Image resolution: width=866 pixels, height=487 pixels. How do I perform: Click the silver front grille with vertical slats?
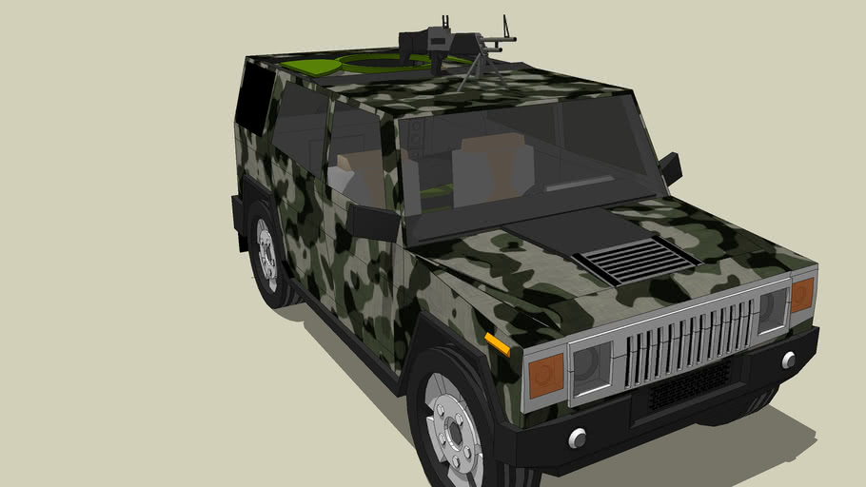pyautogui.click(x=689, y=339)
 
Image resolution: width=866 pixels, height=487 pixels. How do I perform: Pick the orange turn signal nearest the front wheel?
pyautogui.click(x=546, y=374)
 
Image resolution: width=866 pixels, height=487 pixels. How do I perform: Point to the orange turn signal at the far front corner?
pyautogui.click(x=802, y=294)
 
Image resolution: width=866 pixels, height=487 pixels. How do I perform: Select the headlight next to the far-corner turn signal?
pyautogui.click(x=772, y=308)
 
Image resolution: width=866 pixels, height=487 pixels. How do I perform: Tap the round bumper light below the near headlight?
pyautogui.click(x=577, y=438)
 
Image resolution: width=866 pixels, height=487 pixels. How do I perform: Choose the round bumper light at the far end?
pyautogui.click(x=789, y=360)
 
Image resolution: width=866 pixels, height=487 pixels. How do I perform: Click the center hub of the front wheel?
pyautogui.click(x=455, y=433)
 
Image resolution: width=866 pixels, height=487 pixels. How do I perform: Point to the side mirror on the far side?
pyautogui.click(x=670, y=167)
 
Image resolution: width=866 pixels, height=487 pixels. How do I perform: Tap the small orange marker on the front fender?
pyautogui.click(x=497, y=343)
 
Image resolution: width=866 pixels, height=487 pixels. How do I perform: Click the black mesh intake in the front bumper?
pyautogui.click(x=689, y=383)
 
